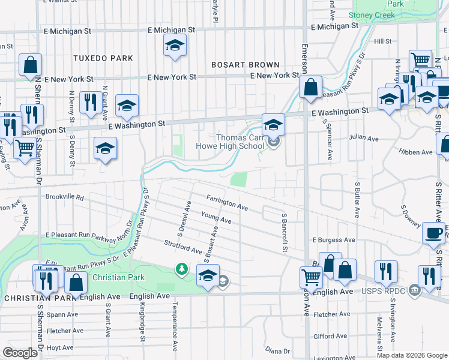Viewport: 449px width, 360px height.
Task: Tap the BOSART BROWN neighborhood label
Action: point(245,65)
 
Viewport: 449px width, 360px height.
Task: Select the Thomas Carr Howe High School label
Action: point(231,141)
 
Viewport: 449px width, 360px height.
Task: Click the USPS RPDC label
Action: point(388,292)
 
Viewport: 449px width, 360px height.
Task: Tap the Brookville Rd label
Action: point(64,197)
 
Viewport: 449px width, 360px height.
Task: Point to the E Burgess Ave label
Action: point(333,240)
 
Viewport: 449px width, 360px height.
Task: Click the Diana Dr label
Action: point(277,350)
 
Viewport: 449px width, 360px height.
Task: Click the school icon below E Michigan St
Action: point(175,46)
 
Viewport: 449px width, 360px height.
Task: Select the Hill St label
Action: point(382,41)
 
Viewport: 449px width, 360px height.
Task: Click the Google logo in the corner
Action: point(20,353)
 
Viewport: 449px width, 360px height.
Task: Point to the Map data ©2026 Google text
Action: point(411,355)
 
